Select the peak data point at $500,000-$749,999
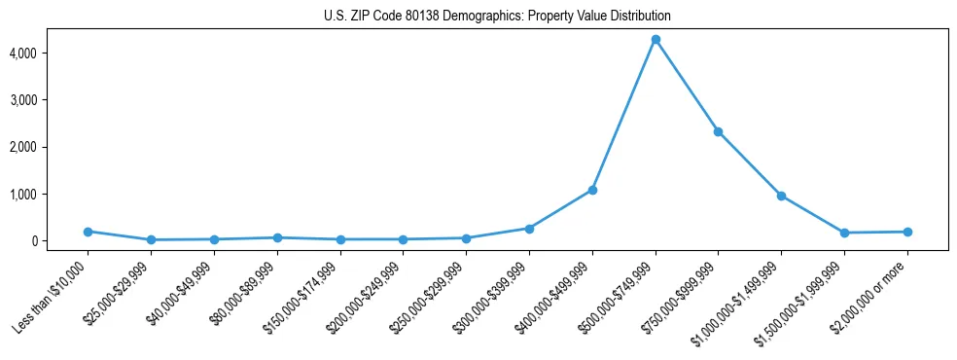[656, 40]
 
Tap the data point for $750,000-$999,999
[718, 131]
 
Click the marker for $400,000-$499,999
[592, 190]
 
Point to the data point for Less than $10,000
[88, 232]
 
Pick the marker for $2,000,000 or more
[907, 232]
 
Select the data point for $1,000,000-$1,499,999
[781, 196]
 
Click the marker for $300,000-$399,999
[529, 229]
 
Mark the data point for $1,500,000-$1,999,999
[844, 233]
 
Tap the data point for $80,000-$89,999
[277, 237]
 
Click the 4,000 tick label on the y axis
[51, 53]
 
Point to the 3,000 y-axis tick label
[51, 99]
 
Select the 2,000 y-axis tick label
[51, 147]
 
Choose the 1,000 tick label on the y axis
[51, 194]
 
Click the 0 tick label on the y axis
[59, 241]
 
